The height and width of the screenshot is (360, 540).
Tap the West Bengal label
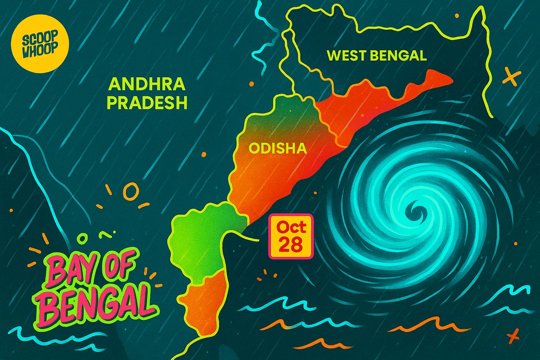(x=376, y=56)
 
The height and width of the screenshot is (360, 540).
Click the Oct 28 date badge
(x=291, y=236)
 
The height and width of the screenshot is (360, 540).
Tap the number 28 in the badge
(x=291, y=245)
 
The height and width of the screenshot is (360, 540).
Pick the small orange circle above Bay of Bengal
(x=131, y=192)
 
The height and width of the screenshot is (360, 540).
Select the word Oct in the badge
(x=291, y=227)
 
